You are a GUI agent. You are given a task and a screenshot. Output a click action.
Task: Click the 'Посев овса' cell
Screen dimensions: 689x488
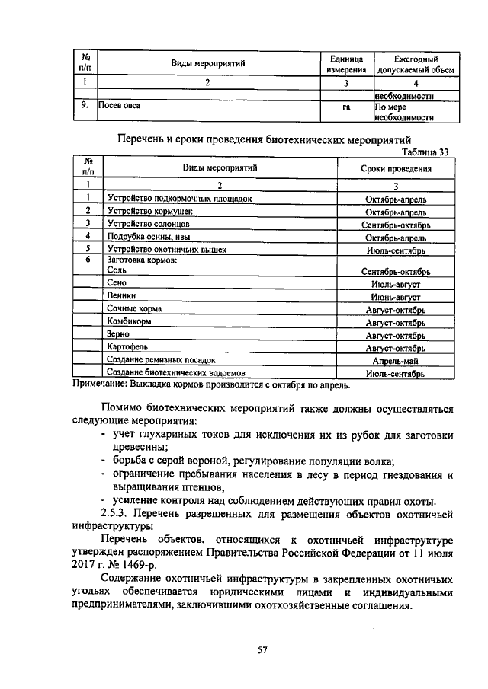(x=120, y=107)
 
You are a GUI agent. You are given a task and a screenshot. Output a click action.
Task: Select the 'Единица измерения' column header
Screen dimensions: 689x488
(x=347, y=64)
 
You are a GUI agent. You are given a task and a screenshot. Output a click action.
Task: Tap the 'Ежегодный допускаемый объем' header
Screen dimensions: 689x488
(x=416, y=64)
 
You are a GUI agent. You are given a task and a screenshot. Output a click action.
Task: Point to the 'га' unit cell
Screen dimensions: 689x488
(x=347, y=107)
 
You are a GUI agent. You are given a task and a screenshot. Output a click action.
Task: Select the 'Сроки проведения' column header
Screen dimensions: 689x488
(x=396, y=169)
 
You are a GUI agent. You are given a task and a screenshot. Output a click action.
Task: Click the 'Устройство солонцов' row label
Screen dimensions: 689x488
(x=148, y=224)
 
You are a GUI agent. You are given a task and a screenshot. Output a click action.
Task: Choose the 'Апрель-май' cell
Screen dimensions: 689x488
(x=396, y=359)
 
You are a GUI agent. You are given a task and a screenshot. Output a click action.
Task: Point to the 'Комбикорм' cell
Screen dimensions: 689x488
(x=127, y=321)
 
